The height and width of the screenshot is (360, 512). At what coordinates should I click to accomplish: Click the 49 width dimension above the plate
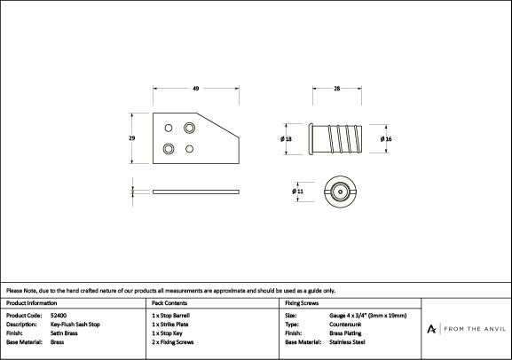pyautogui.click(x=195, y=87)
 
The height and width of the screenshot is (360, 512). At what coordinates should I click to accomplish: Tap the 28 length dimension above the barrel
pyautogui.click(x=338, y=87)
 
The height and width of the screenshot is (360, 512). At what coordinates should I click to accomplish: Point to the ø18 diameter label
pyautogui.click(x=286, y=139)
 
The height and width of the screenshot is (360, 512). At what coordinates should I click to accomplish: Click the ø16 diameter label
pyautogui.click(x=386, y=139)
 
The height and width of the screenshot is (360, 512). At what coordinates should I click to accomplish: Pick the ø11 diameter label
pyautogui.click(x=297, y=191)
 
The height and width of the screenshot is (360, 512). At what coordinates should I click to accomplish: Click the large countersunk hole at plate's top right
pyautogui.click(x=189, y=128)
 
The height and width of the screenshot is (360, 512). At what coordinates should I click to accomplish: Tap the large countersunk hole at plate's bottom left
pyautogui.click(x=168, y=148)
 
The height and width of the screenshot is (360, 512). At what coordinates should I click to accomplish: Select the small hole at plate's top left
pyautogui.click(x=169, y=128)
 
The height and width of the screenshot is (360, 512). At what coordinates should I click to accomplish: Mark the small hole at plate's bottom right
pyautogui.click(x=189, y=148)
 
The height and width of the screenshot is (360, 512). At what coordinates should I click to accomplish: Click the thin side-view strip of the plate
pyautogui.click(x=196, y=191)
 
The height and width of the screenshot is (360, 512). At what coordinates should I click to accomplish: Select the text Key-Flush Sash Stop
pyautogui.click(x=75, y=325)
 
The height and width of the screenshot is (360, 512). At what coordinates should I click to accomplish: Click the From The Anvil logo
pyautogui.click(x=465, y=329)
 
